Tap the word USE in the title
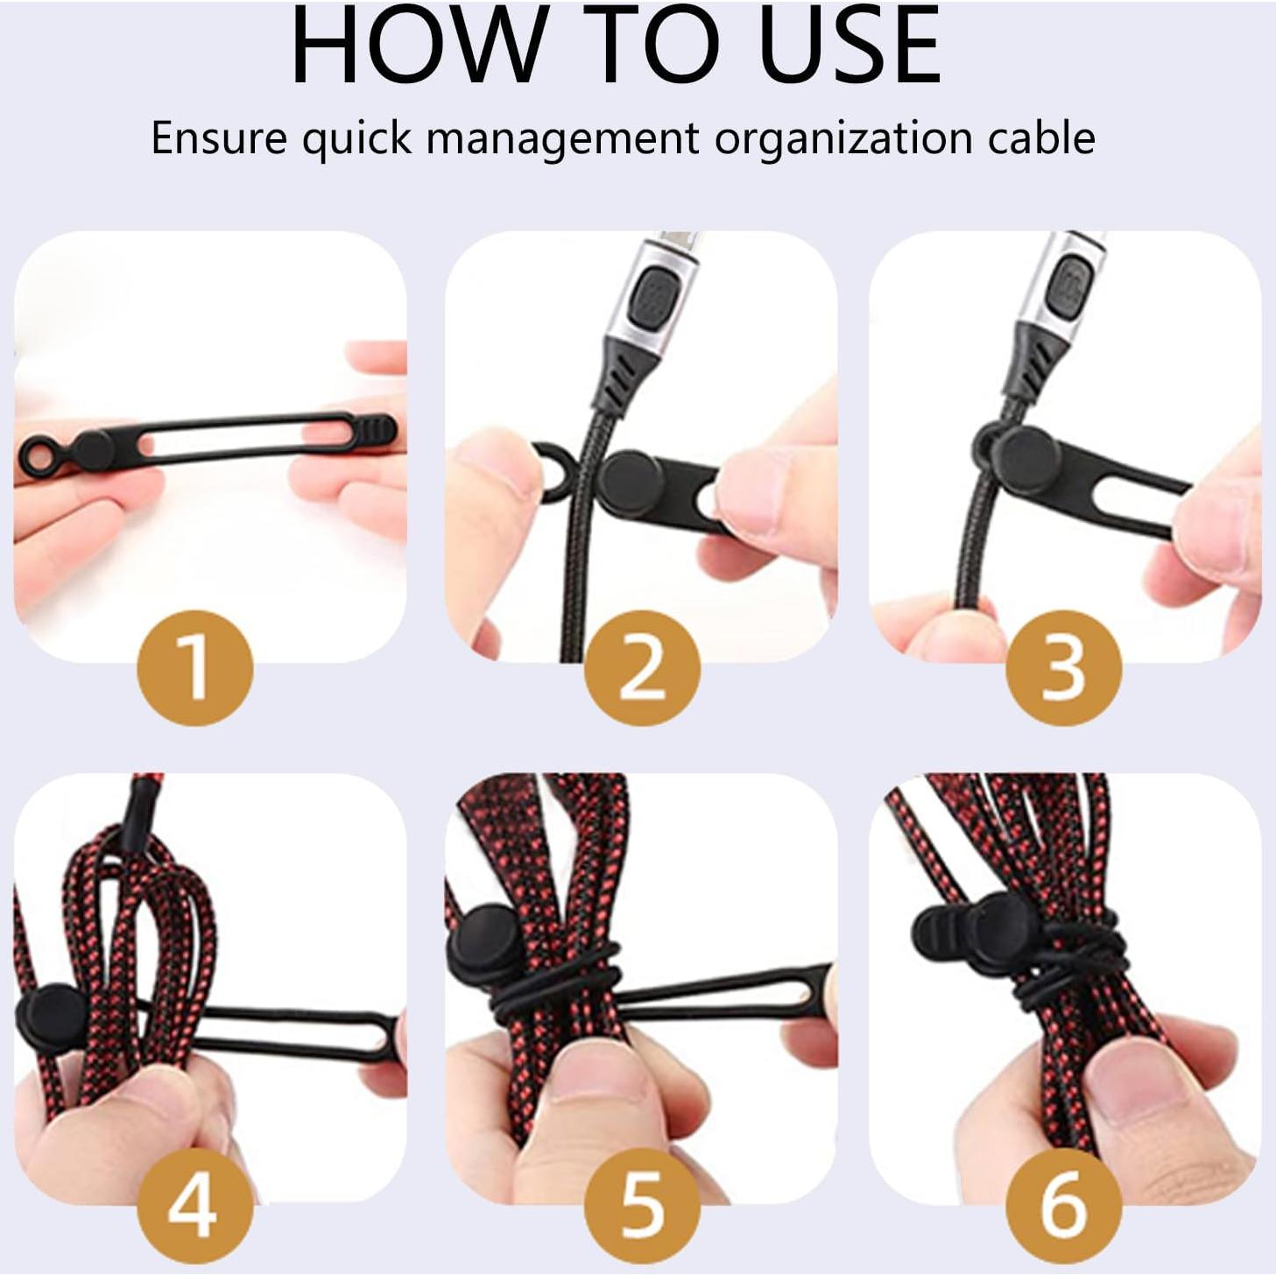[849, 46]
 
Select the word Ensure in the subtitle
[219, 138]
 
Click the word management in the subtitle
[563, 138]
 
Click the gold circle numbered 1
[196, 668]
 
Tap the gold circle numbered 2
[642, 668]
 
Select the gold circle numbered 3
[1063, 668]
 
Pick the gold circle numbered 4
[196, 1206]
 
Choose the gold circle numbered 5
[642, 1206]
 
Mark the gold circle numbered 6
[1063, 1206]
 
